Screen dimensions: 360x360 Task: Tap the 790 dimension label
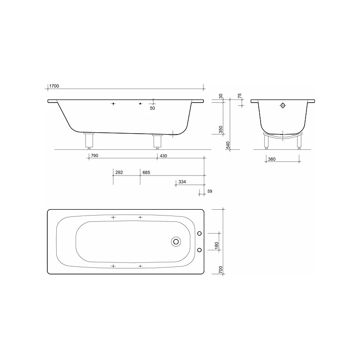point(94,156)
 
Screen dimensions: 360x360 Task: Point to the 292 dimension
point(119,173)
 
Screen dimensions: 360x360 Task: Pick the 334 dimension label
point(182,182)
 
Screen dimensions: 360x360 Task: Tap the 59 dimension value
point(209,191)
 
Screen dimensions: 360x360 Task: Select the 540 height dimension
point(228,145)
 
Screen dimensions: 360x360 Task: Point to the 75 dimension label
point(239,96)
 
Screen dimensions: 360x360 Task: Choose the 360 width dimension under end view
point(272,159)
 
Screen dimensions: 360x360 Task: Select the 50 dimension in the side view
point(152,108)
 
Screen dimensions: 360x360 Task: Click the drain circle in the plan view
point(175,242)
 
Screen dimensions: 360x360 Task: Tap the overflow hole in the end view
point(283,106)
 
